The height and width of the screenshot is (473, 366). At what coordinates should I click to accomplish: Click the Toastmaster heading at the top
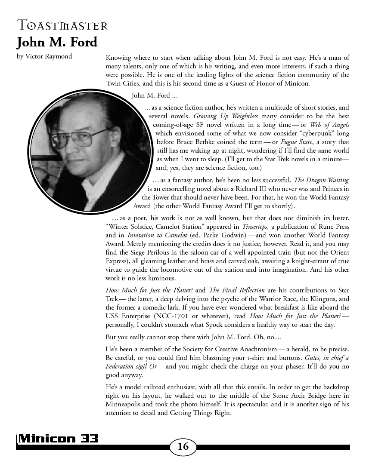pos(62,26)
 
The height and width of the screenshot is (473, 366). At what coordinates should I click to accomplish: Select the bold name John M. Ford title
pos(57,43)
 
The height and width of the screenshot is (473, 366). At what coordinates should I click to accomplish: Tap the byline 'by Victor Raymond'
pos(44,56)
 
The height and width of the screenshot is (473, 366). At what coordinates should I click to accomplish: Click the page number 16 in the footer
pos(183,447)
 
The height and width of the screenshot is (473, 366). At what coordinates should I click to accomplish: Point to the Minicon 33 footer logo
pos(58,439)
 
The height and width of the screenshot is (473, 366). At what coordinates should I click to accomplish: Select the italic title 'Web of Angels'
pos(329,125)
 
